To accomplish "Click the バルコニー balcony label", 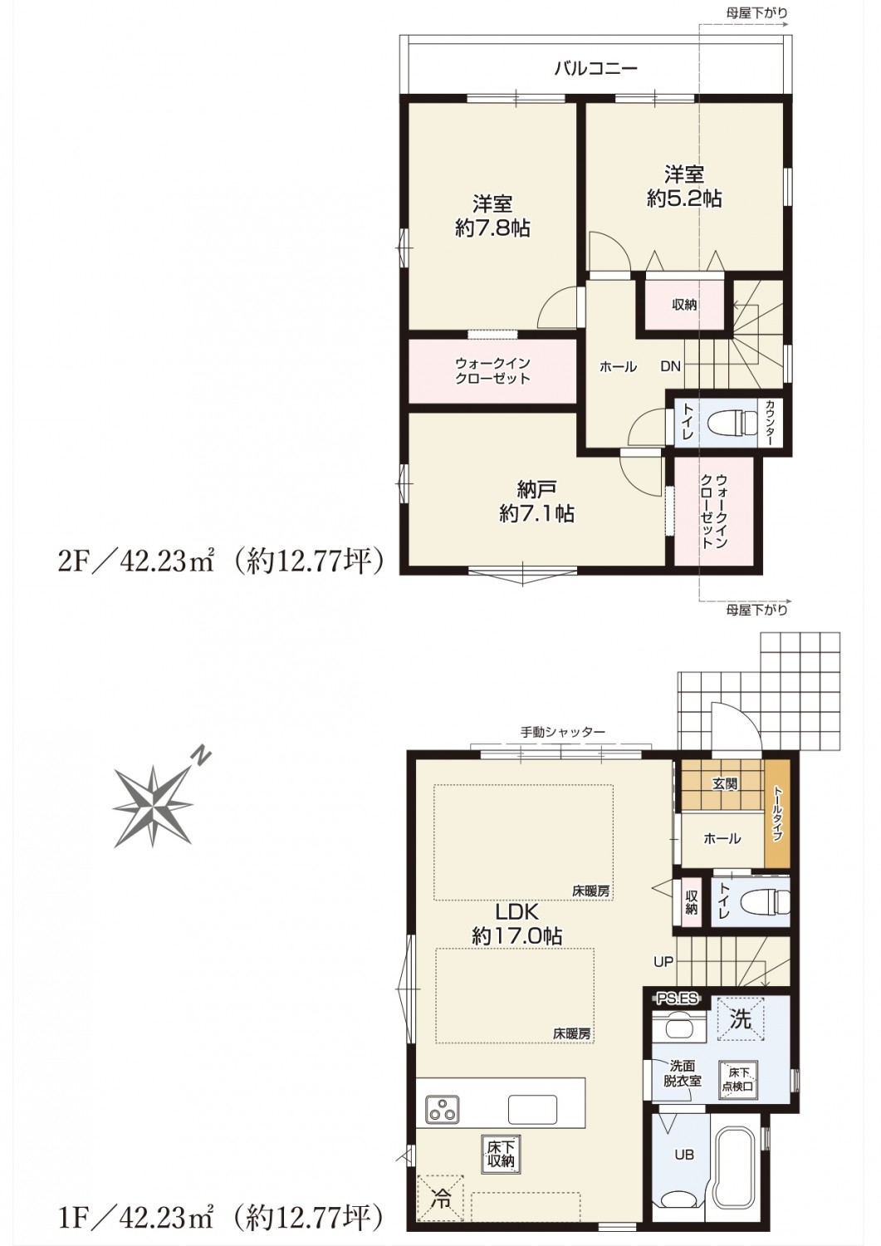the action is (x=595, y=68).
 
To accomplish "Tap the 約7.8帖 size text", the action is (x=492, y=228).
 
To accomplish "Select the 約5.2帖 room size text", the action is (x=684, y=198).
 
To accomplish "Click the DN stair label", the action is (x=670, y=366).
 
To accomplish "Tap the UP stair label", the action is (x=663, y=960).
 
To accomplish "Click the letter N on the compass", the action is (x=201, y=757).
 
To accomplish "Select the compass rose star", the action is (x=152, y=807).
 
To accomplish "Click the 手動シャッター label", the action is (x=562, y=732).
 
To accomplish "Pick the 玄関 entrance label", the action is (x=725, y=784).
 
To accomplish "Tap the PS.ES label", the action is (x=677, y=998).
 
